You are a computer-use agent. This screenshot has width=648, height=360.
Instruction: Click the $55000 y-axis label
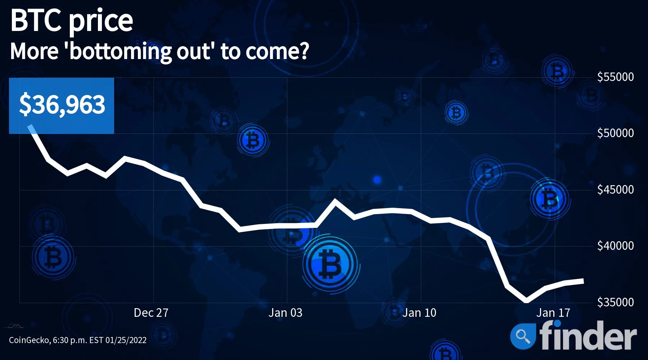coord(615,77)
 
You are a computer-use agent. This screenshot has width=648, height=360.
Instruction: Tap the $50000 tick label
coord(615,133)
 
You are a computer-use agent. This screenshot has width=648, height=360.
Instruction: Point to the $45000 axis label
coord(615,189)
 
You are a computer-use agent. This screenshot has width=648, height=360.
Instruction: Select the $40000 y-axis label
coord(615,246)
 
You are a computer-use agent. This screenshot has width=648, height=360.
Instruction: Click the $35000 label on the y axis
coord(615,302)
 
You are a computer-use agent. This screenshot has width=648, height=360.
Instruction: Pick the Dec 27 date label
coord(151,312)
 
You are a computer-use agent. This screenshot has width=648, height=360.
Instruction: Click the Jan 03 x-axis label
coord(285,312)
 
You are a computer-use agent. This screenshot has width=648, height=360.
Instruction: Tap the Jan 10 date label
coord(419,312)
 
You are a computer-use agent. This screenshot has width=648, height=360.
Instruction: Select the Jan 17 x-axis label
coord(553,312)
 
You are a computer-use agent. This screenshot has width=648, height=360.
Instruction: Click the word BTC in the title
coord(36,21)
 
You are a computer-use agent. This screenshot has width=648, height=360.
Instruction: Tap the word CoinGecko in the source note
coord(30,340)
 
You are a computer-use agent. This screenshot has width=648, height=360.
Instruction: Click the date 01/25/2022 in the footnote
coord(126,340)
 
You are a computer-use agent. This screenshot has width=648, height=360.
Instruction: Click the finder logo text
coord(588,336)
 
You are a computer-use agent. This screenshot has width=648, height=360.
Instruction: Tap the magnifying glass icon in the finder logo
coord(523,337)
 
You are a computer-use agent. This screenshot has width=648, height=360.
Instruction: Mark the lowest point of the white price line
coord(527,300)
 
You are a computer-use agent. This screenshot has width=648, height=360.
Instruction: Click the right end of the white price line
coord(583,281)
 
